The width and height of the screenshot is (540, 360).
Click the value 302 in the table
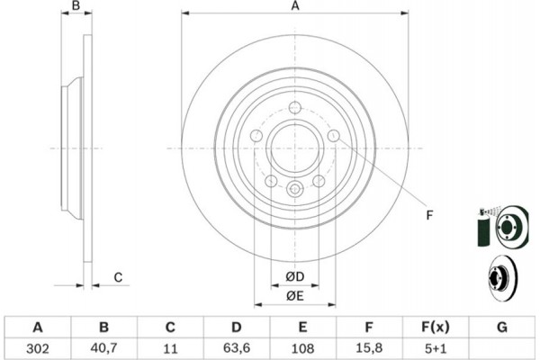[38, 348]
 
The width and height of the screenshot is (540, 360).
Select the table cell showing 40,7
[103, 348]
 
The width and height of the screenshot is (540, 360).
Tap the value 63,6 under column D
[236, 348]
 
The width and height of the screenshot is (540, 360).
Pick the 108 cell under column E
[302, 348]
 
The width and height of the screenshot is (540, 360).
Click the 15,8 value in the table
[369, 348]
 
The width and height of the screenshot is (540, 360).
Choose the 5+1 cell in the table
[436, 348]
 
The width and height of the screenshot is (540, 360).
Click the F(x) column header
[436, 327]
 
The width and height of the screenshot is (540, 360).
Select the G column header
[502, 327]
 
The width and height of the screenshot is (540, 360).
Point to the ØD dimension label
[295, 276]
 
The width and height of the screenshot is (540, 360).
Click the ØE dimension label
[295, 296]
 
